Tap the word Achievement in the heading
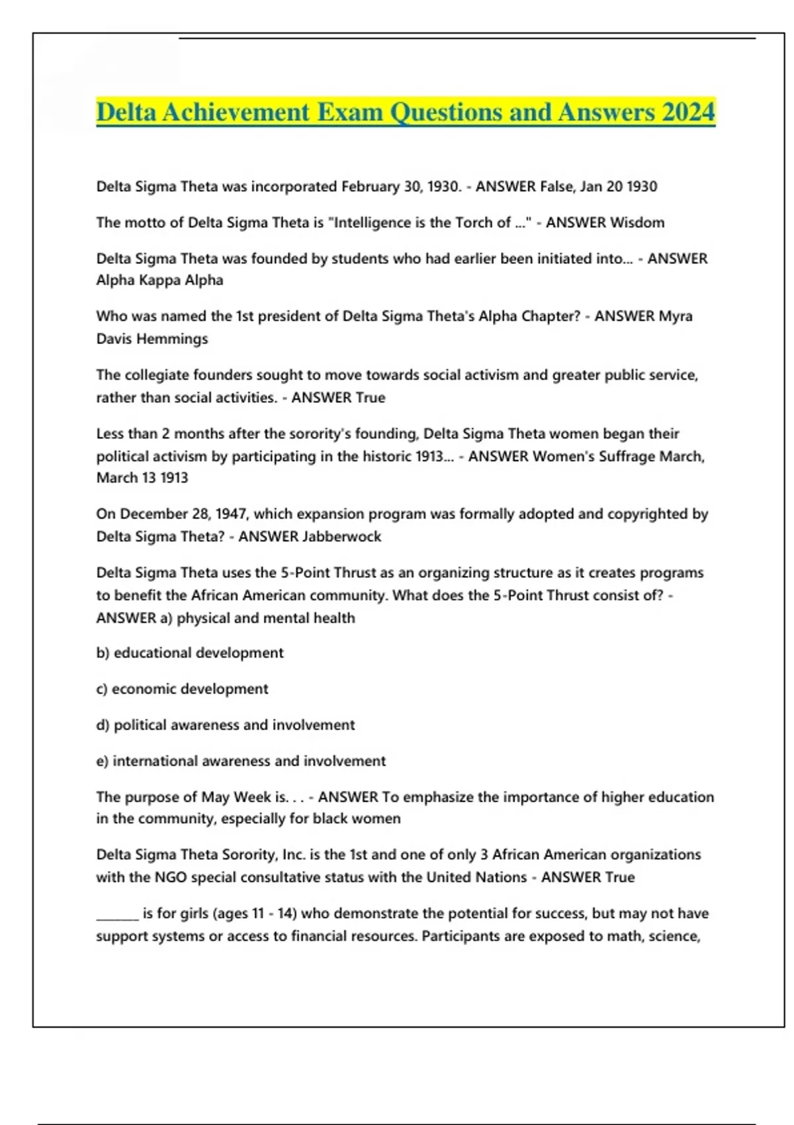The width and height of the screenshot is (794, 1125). [236, 112]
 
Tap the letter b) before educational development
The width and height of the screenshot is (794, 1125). [103, 653]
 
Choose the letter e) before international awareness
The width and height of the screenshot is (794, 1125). [103, 761]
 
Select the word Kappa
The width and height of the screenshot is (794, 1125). [159, 281]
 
